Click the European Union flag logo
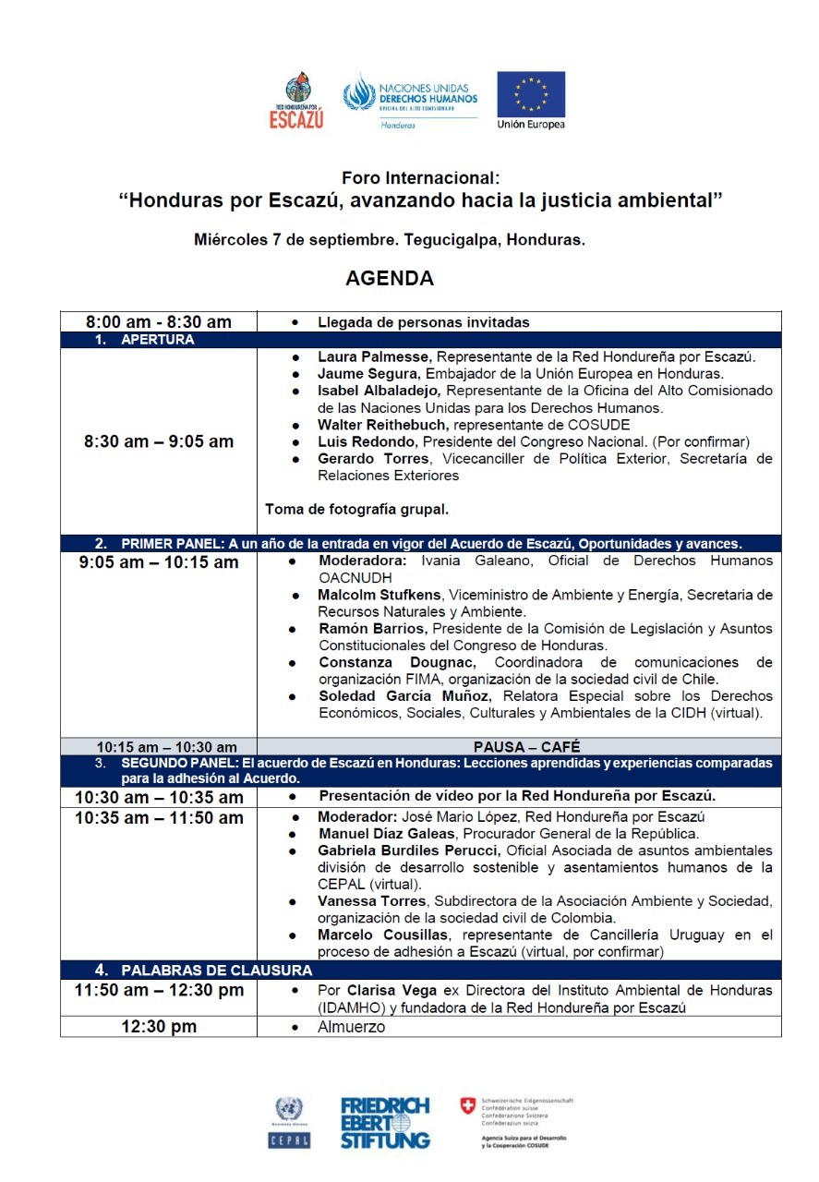point(531,94)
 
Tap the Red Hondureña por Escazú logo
point(296,101)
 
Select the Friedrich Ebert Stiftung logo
point(385,1122)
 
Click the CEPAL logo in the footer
point(288,1122)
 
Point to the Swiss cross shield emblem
point(469,1105)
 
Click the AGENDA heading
point(390,278)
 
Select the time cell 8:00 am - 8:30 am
point(159,322)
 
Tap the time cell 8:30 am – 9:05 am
point(159,441)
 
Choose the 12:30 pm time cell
point(159,1027)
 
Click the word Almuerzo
point(351,1027)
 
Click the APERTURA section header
point(157,340)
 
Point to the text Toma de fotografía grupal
point(357,509)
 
